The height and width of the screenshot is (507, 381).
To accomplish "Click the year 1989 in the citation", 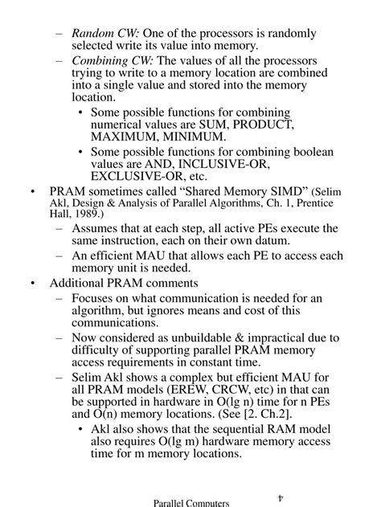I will coord(61,215).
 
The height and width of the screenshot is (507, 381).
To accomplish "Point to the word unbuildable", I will coord(203,337).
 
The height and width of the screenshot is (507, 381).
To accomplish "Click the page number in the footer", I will coord(279,498).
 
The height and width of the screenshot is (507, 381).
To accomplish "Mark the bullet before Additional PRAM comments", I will coord(31,284).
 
